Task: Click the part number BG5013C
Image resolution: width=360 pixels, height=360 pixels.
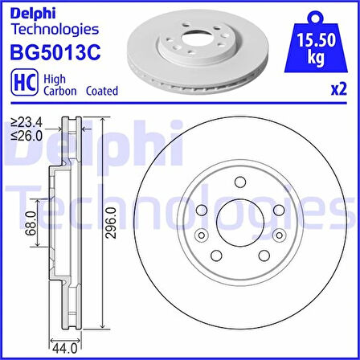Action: [x=55, y=52]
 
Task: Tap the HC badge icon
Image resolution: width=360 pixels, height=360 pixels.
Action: [x=25, y=83]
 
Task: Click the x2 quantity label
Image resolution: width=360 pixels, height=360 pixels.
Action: [x=339, y=89]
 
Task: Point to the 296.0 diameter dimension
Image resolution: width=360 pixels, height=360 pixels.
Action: [x=112, y=223]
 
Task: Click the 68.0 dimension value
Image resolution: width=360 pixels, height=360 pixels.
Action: [x=31, y=223]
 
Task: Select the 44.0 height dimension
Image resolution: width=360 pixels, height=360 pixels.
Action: [x=65, y=349]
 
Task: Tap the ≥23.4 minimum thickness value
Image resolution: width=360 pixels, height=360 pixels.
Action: [x=27, y=123]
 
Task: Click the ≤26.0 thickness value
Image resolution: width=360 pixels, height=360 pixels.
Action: [x=27, y=136]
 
